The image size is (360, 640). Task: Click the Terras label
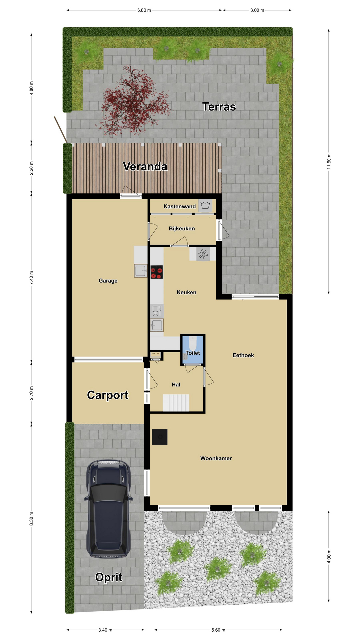pyautogui.click(x=219, y=107)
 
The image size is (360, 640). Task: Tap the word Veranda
pyautogui.click(x=145, y=166)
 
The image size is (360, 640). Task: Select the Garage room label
pyautogui.click(x=108, y=281)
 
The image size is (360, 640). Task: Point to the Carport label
pyautogui.click(x=108, y=395)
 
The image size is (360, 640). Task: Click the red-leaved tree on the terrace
pyautogui.click(x=133, y=100)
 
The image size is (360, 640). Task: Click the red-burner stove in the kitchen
pyautogui.click(x=157, y=272)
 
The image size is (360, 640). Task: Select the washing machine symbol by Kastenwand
pyautogui.click(x=205, y=205)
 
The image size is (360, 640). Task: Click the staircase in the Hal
pyautogui.click(x=176, y=403)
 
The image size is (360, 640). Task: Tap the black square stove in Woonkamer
pyautogui.click(x=160, y=437)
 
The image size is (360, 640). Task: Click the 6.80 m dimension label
pyautogui.click(x=144, y=10)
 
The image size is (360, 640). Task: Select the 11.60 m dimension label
pyautogui.click(x=329, y=161)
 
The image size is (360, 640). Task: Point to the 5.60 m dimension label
pyautogui.click(x=218, y=630)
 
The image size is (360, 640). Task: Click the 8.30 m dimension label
pyautogui.click(x=32, y=519)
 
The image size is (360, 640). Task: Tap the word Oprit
pyautogui.click(x=109, y=577)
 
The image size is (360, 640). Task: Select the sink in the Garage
pyautogui.click(x=141, y=271)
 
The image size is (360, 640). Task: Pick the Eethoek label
pyautogui.click(x=243, y=355)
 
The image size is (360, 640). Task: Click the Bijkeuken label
pyautogui.click(x=182, y=229)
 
